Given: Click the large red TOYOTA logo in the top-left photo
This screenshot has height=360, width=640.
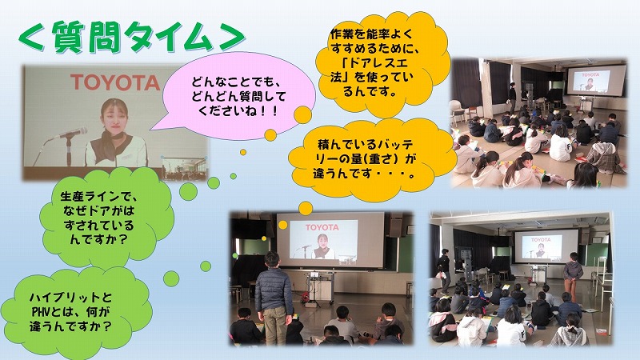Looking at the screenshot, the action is (x=114, y=82).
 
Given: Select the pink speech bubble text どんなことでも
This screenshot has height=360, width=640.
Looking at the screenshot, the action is (x=236, y=82).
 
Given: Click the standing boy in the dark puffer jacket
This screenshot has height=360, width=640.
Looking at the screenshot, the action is (x=273, y=298).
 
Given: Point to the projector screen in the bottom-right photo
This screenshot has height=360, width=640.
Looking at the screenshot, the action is (x=546, y=246).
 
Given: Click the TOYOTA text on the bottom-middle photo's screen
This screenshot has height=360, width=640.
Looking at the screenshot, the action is (x=322, y=227).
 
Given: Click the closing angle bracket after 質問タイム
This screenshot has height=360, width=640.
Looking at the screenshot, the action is (x=231, y=38).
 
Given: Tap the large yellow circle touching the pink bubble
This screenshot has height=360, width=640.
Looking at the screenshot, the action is (x=303, y=114).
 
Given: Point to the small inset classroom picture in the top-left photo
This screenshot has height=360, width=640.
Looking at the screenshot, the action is (x=184, y=169).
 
